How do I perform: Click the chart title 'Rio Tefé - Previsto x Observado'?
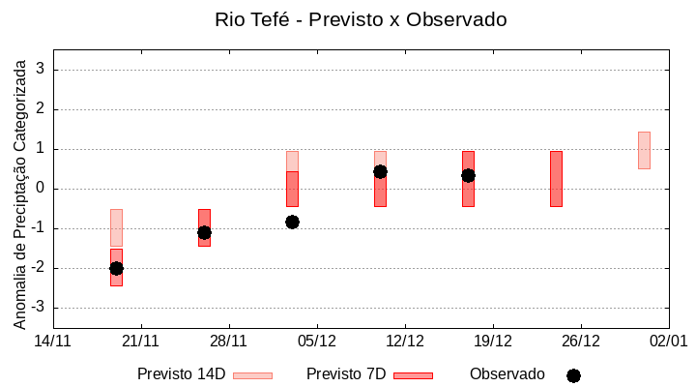pyautogui.click(x=347, y=19)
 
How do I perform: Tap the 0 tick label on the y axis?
pyautogui.click(x=41, y=189)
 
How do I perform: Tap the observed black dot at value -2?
pyautogui.click(x=116, y=268)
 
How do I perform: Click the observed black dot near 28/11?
pyautogui.click(x=204, y=232)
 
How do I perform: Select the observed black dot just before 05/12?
pyautogui.click(x=292, y=222)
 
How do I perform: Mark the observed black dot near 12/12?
pyautogui.click(x=380, y=171)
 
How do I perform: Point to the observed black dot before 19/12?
pyautogui.click(x=468, y=175)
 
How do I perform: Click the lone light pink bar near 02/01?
pyautogui.click(x=644, y=150)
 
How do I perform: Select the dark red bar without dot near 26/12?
pyautogui.click(x=556, y=179)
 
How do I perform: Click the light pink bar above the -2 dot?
pyautogui.click(x=116, y=227)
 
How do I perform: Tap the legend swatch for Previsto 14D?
pyautogui.click(x=252, y=375)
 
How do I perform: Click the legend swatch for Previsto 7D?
pyautogui.click(x=413, y=375)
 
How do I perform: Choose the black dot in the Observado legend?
pyautogui.click(x=573, y=375)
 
